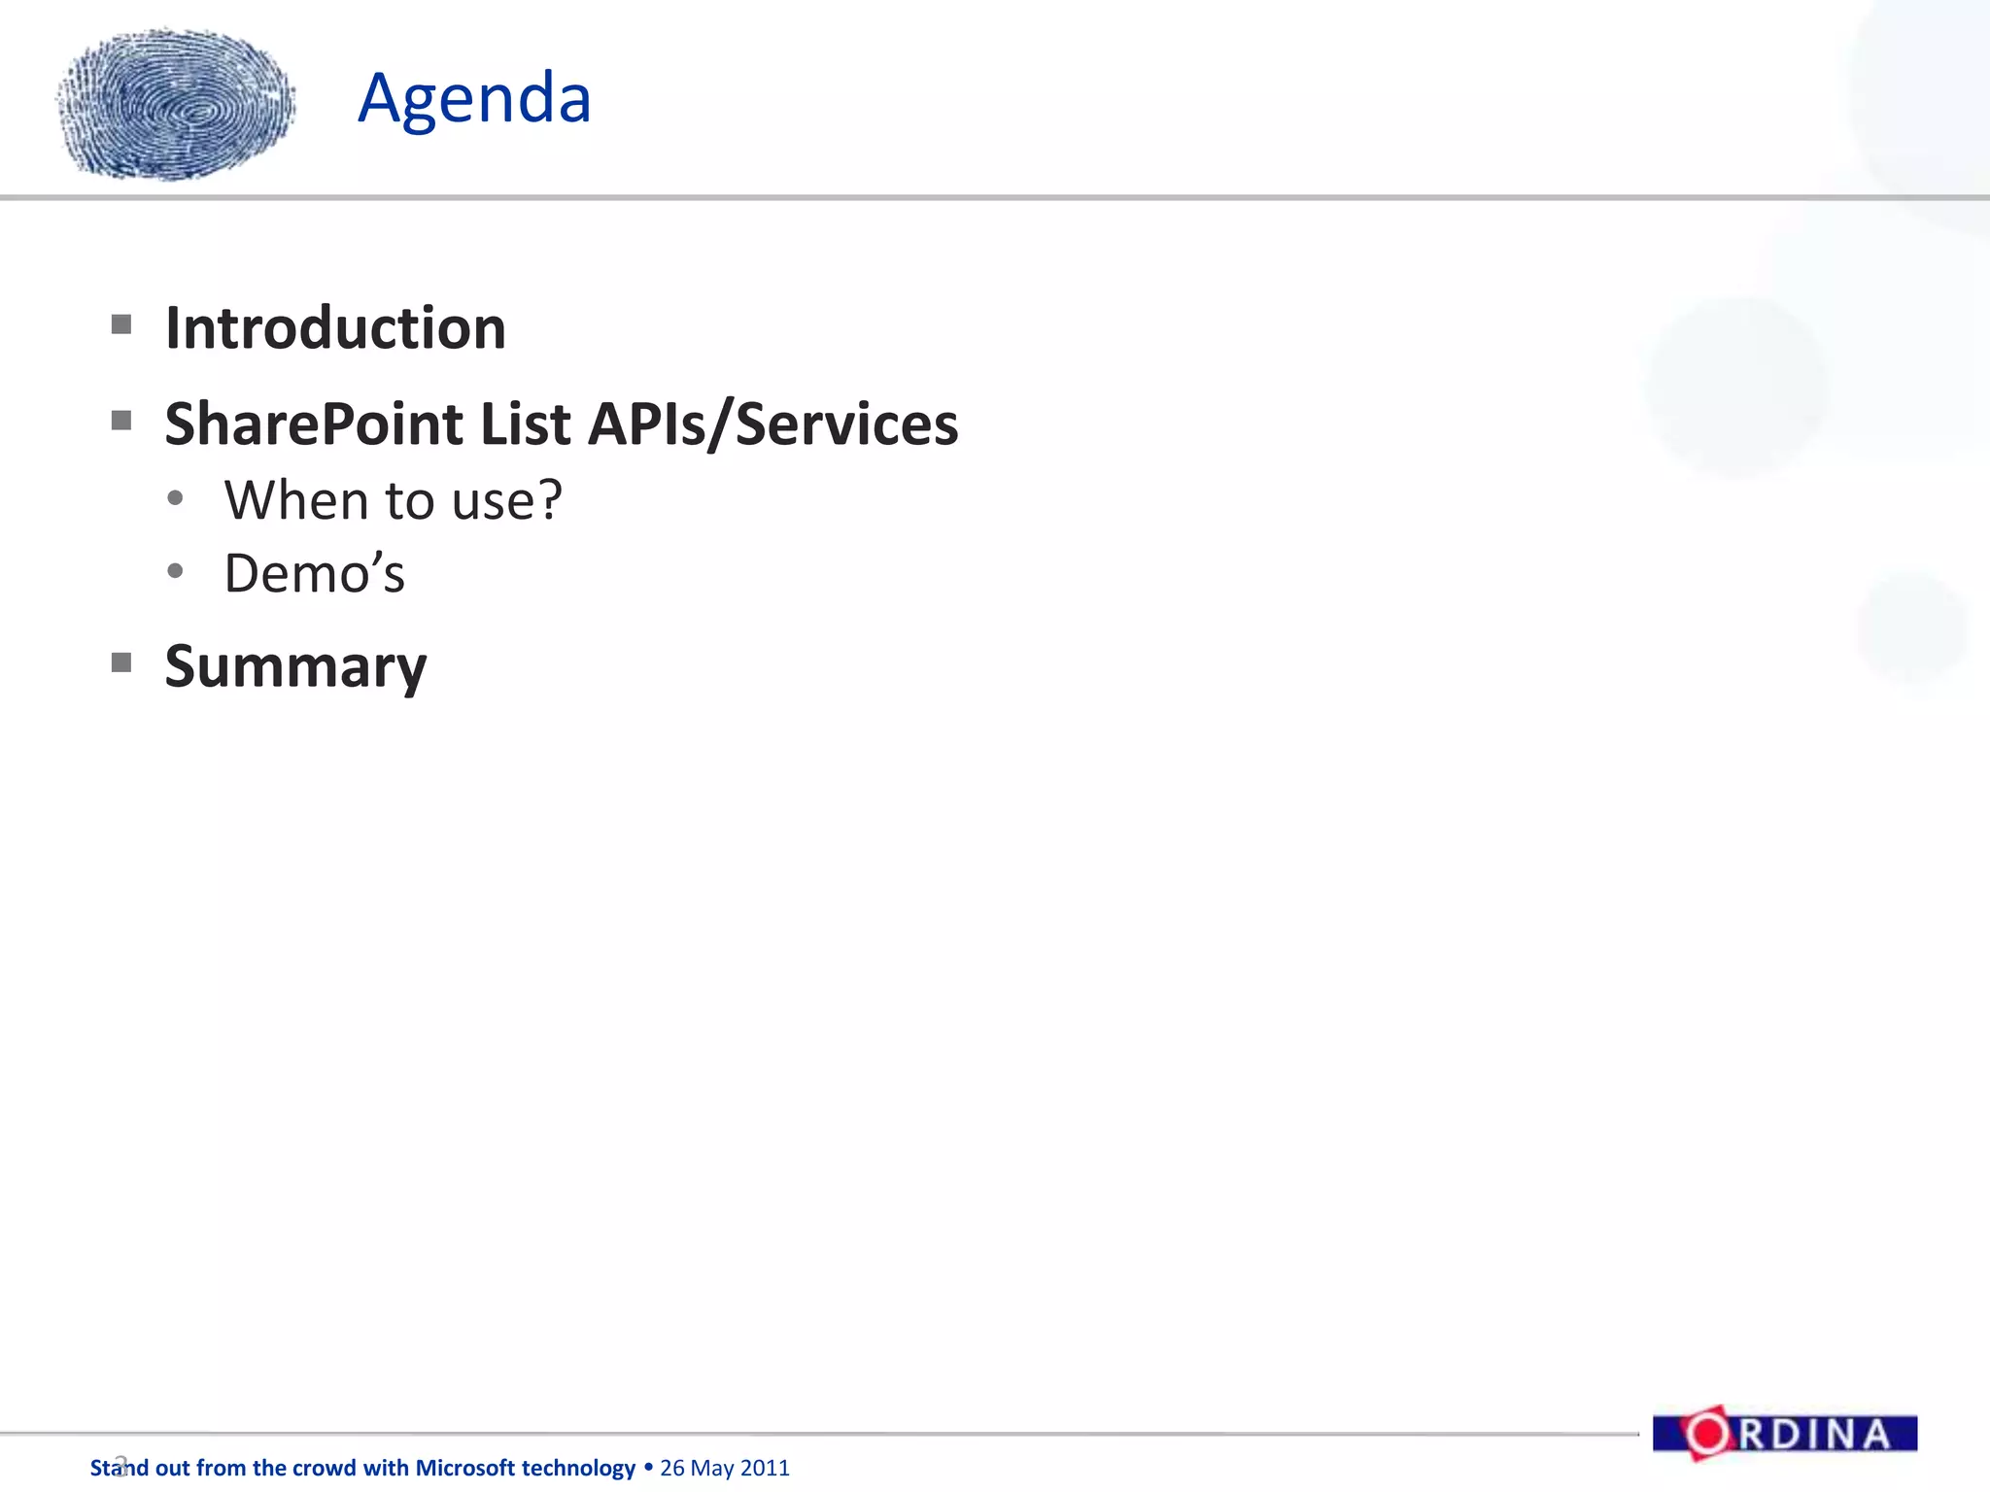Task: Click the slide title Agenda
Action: (474, 99)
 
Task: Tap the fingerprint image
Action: (177, 105)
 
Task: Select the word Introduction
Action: (335, 328)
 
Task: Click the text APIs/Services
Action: (773, 424)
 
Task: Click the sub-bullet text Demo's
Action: (314, 573)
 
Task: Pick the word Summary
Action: (295, 667)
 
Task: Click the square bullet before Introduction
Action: (121, 324)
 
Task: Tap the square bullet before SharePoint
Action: (121, 421)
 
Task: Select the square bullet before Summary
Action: (121, 662)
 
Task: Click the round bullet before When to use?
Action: (175, 498)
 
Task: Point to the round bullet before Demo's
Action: (175, 571)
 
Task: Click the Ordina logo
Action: (1784, 1434)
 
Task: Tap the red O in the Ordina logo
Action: (1707, 1434)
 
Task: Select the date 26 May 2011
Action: (725, 1468)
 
